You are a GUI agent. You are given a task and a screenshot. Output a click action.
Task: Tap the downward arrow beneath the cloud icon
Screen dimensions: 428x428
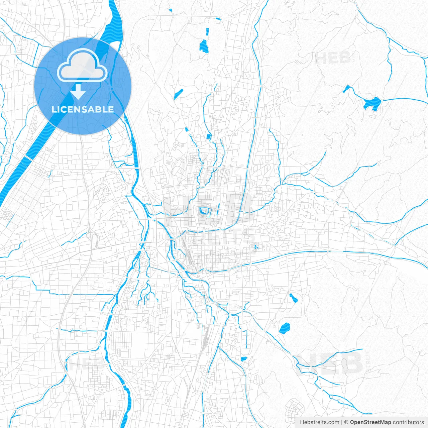[78, 92]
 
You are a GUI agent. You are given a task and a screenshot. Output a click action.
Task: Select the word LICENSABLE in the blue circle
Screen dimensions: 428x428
[83, 109]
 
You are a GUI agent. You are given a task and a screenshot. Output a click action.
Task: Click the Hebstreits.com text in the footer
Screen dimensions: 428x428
[319, 422]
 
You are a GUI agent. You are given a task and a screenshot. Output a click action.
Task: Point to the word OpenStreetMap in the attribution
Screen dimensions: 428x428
[370, 422]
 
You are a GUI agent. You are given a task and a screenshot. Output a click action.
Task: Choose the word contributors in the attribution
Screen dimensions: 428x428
[408, 422]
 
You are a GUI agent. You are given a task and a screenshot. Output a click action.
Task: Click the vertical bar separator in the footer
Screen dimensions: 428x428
[341, 422]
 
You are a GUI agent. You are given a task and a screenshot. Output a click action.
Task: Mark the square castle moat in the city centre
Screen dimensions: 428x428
[203, 211]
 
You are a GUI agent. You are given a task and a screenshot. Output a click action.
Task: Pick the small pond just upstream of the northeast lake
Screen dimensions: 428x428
[347, 89]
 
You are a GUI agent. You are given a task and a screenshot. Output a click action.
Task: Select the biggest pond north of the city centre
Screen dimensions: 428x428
[204, 46]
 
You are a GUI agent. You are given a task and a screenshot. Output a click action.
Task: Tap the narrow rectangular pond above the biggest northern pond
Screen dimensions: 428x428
[207, 32]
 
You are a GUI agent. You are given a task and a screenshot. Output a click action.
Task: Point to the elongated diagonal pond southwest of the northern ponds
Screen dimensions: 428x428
[178, 94]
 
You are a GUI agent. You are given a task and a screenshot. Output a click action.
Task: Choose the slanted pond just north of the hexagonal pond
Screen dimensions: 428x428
[293, 298]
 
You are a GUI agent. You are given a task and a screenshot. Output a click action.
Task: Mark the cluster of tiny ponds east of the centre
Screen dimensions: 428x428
[256, 247]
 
